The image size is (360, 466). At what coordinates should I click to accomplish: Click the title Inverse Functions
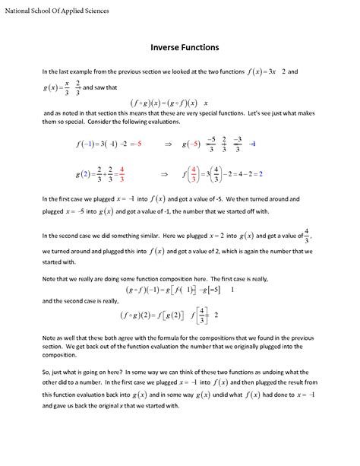180,46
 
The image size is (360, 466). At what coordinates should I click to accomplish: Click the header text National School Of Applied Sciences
57,11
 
